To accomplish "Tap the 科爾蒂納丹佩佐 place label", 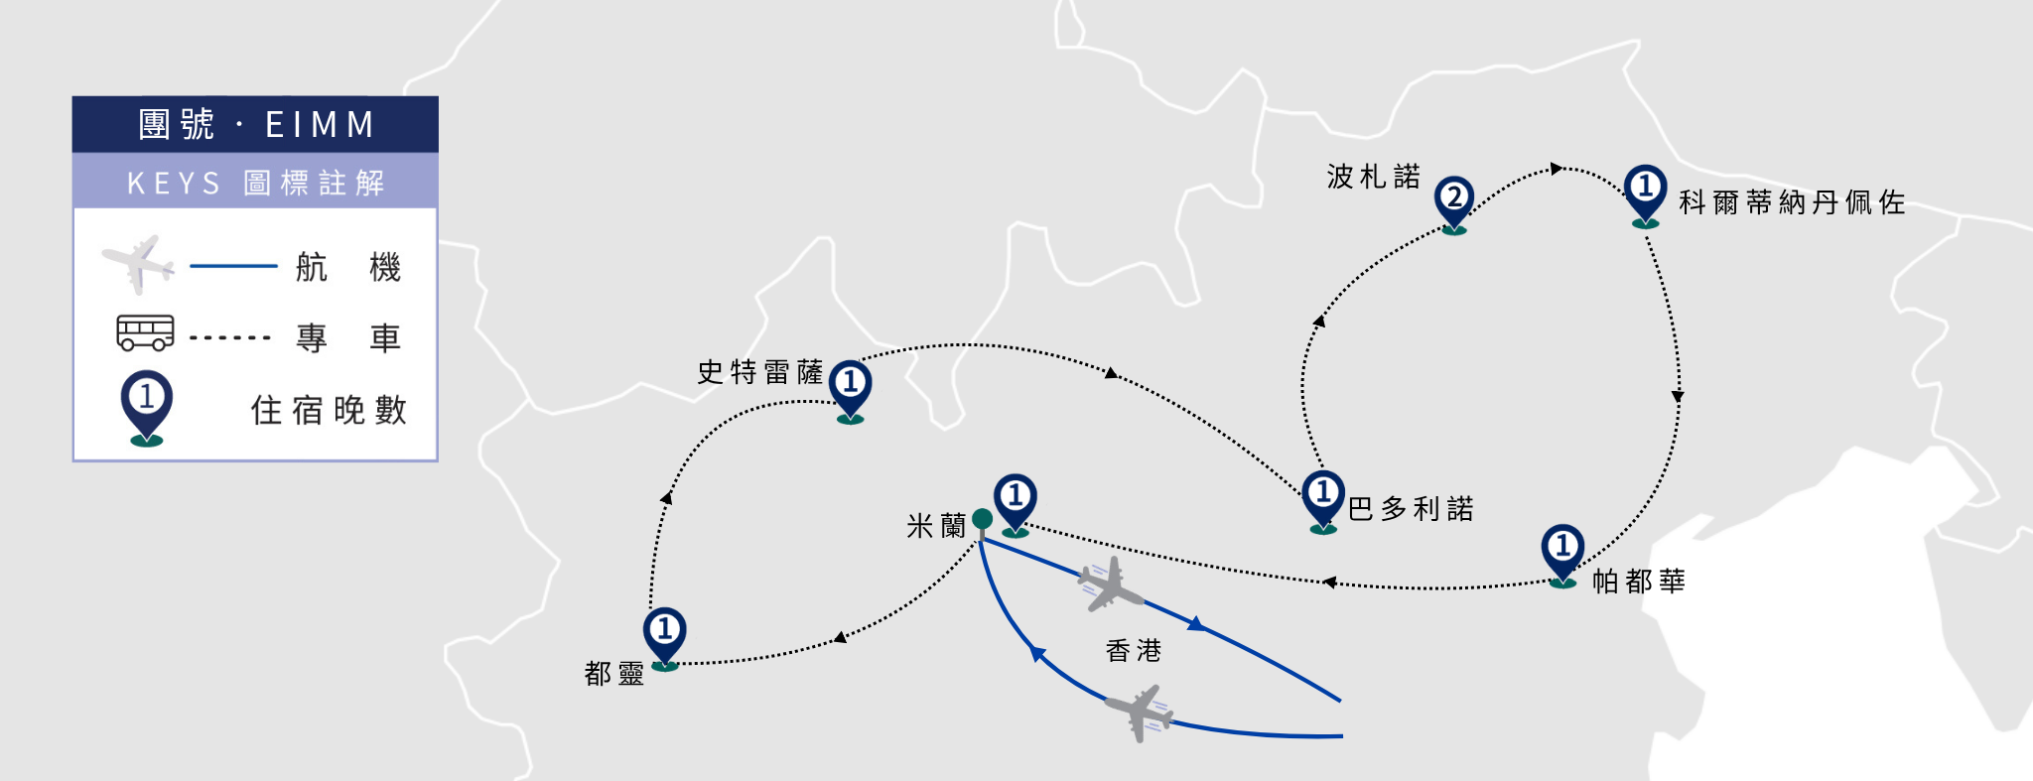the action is click(x=1792, y=202).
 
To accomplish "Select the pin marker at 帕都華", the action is click(x=1562, y=555).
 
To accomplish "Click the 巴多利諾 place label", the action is click(x=1411, y=509).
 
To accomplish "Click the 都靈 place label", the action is click(x=614, y=674).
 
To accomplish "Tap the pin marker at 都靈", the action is click(x=665, y=638).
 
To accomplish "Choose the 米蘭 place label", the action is click(x=936, y=526).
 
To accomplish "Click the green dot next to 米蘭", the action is click(x=983, y=519).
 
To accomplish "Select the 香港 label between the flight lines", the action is click(x=1134, y=651).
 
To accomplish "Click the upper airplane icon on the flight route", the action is click(x=1110, y=585).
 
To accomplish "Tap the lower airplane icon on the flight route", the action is click(x=1140, y=712).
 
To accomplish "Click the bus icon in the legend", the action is click(x=145, y=333).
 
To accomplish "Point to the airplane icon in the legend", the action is click(x=138, y=264).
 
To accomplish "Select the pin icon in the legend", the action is click(x=147, y=408).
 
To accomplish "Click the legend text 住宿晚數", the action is click(x=329, y=410).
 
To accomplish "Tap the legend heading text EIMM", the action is click(x=320, y=125).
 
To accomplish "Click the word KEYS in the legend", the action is click(x=174, y=184).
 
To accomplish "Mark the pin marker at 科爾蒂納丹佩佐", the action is click(x=1646, y=195).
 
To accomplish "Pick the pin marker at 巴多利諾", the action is click(x=1323, y=501).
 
